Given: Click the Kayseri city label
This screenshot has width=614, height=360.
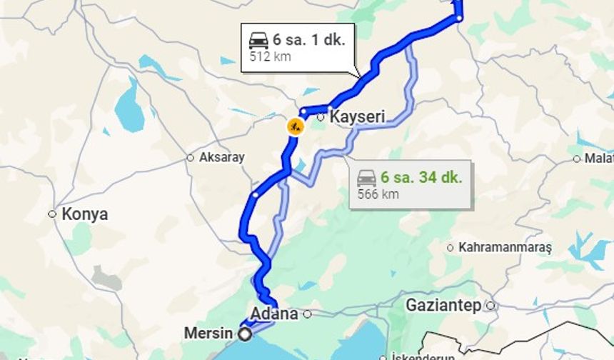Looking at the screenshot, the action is tap(357, 116).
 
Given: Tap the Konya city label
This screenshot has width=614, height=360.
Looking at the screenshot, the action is tap(84, 214).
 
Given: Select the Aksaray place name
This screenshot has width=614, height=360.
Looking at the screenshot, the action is tap(221, 157).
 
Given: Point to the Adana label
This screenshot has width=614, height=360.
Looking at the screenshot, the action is tap(274, 314).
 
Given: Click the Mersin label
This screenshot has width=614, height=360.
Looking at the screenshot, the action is tap(208, 334).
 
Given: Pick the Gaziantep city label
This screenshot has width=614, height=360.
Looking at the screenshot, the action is tap(443, 306).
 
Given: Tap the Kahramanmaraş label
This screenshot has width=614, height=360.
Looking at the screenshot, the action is tap(505, 248).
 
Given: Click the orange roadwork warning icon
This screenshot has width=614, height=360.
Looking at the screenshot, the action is tap(295, 127).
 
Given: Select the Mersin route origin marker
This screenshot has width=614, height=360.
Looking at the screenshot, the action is tap(246, 334).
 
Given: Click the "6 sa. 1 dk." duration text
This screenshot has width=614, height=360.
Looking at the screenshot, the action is tap(308, 40).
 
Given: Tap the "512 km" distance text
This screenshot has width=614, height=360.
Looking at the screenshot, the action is tap(270, 56).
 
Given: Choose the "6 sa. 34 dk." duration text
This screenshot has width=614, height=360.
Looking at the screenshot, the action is tap(421, 177).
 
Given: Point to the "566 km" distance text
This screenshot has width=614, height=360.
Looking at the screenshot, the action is tap(379, 194).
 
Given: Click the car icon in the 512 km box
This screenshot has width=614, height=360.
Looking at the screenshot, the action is tap(258, 40).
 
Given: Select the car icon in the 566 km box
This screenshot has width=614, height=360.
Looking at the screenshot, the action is tap(367, 177).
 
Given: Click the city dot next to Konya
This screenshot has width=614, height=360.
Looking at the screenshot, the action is tap(52, 214).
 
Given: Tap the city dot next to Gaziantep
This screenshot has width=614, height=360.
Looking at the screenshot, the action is tap(490, 306).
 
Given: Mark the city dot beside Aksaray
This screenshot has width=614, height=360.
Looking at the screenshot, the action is tap(190, 157).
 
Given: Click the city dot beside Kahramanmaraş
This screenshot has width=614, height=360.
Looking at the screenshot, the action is tap(450, 248).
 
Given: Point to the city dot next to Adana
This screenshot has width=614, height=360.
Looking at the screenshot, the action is tap(307, 314).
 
